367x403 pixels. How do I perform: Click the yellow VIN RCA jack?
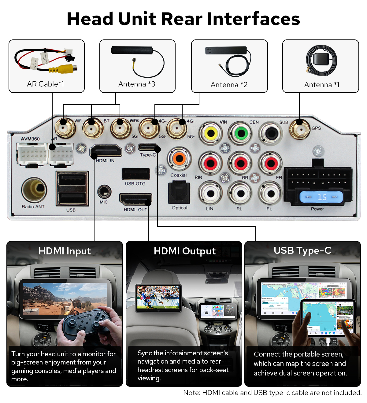[210, 133]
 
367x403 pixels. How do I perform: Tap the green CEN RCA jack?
[241, 133]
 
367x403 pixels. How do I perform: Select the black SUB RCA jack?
[271, 133]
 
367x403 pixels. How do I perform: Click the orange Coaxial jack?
[179, 159]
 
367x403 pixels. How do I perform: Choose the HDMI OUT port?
[135, 200]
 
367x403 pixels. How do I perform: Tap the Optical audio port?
[179, 193]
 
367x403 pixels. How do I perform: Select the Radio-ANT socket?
[34, 190]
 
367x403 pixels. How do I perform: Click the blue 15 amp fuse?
[321, 197]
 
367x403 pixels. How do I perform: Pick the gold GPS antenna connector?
[299, 128]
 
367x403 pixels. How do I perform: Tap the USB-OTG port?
[135, 174]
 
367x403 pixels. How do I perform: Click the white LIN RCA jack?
[210, 194]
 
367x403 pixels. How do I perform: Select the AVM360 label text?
[30, 139]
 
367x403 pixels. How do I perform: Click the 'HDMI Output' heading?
[184, 251]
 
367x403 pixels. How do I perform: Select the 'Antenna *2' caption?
[229, 85]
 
